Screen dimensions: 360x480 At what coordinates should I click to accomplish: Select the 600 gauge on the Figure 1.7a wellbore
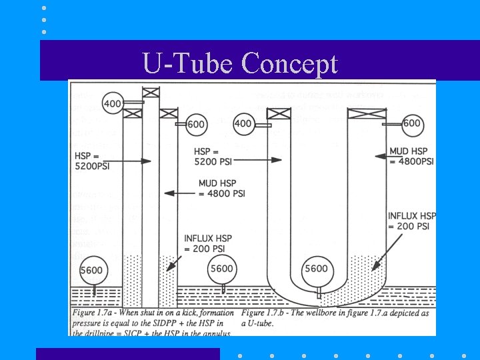coord(195,125)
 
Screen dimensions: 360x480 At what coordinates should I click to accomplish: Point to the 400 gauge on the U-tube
coord(243,123)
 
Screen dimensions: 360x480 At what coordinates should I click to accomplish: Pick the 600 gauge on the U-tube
coord(412,123)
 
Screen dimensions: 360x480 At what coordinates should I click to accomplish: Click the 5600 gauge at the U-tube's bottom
coord(316,269)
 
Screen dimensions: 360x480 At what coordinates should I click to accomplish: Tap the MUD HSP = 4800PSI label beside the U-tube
coord(411,157)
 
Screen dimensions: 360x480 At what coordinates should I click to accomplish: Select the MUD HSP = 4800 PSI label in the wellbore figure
coord(222,188)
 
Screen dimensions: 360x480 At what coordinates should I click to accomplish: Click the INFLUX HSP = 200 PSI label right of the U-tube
coord(411,221)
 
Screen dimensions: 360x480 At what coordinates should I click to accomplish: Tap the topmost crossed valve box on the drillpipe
coord(151,92)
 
